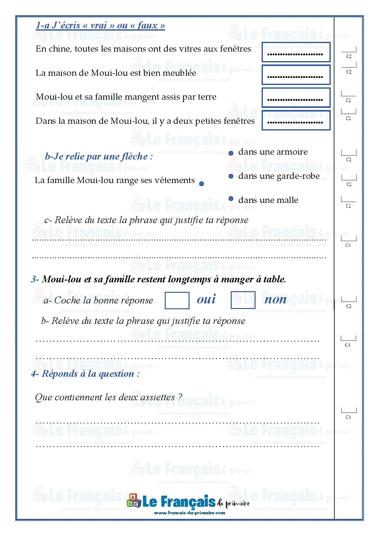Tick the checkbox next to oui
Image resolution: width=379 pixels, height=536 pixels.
click(x=177, y=300)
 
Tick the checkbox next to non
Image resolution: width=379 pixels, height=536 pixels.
click(x=243, y=300)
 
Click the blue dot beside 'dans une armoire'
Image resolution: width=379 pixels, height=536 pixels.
click(x=231, y=153)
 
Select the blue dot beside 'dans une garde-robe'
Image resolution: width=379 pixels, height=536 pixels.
click(x=231, y=176)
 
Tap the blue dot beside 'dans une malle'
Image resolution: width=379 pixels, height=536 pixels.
click(x=231, y=199)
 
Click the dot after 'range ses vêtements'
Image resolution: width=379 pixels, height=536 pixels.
click(x=201, y=184)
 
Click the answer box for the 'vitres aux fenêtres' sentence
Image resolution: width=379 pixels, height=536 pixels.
click(x=296, y=52)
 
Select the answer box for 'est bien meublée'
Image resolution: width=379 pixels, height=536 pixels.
click(x=296, y=75)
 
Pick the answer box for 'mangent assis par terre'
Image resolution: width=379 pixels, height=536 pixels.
click(x=296, y=97)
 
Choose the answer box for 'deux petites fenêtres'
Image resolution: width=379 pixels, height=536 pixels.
click(x=296, y=120)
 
